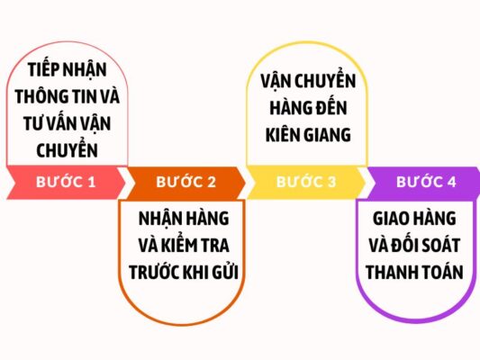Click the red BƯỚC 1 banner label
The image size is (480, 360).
(x=66, y=182)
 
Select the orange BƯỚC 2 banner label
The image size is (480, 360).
(x=186, y=182)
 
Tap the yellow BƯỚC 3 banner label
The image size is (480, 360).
(x=306, y=182)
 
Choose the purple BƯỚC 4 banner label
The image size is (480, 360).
(x=426, y=182)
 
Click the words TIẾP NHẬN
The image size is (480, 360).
(x=67, y=69)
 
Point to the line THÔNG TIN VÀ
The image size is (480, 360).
(x=67, y=96)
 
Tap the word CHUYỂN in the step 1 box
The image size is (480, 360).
(x=67, y=150)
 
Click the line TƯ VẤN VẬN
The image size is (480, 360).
(x=67, y=123)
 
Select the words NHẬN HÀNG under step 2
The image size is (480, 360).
(x=184, y=218)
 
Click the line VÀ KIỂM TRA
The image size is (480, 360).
(x=184, y=245)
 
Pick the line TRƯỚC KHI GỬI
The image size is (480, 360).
(x=184, y=272)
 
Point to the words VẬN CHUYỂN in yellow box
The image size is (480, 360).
(x=308, y=80)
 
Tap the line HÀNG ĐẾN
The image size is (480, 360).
(x=308, y=107)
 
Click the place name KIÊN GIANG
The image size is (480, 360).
(x=308, y=135)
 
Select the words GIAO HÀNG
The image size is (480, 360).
(x=414, y=218)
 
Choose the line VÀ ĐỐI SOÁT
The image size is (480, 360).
(x=414, y=245)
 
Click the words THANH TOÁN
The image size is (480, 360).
(x=414, y=272)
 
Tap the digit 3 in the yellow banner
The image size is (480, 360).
(x=331, y=182)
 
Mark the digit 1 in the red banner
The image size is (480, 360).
(x=92, y=182)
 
